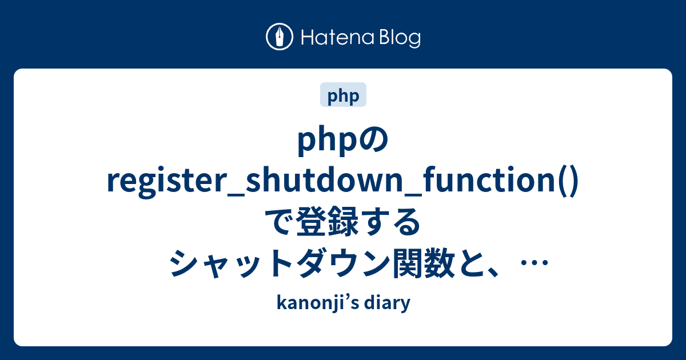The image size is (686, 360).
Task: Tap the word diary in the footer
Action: tap(392, 304)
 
